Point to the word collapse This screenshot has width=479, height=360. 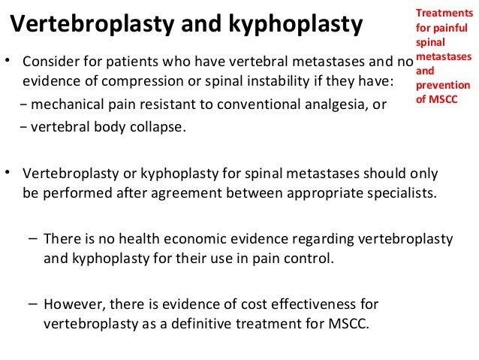click(x=157, y=127)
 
